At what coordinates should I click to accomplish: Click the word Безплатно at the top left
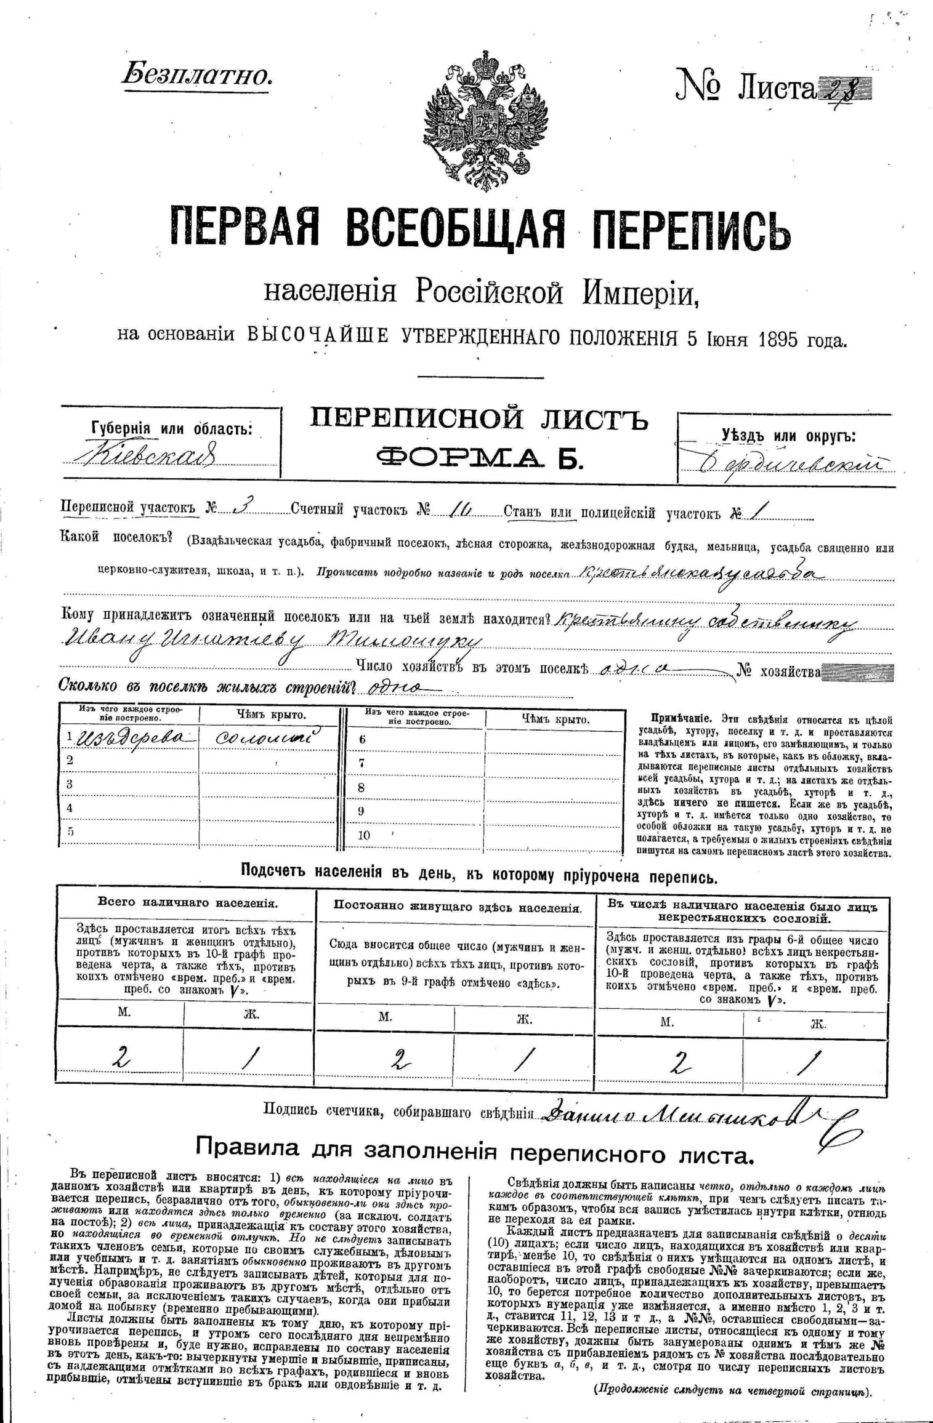tap(195, 75)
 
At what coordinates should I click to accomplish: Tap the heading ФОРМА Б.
tap(479, 458)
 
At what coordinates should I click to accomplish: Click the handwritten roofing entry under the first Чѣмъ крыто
tap(270, 737)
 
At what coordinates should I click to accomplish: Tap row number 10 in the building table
tap(363, 835)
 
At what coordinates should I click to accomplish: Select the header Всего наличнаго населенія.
tap(187, 903)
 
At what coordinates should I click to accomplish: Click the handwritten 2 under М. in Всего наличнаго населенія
tap(123, 1057)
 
